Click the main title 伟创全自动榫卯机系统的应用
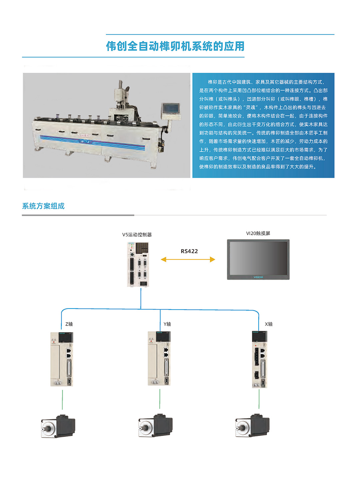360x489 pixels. coord(175,46)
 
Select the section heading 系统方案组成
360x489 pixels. coord(43,206)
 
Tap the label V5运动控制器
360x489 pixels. coord(137,235)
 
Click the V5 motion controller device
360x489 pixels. coord(138,264)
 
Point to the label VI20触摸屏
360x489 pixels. coord(258,233)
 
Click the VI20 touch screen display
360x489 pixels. coord(258,260)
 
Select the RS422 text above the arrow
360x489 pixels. coord(189,251)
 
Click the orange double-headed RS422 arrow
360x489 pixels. coord(188,260)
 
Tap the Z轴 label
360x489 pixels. coord(69,324)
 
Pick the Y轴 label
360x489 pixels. coord(167,324)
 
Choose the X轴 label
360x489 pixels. coord(269,324)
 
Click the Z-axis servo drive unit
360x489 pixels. coord(62,359)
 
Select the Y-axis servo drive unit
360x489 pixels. coord(159,359)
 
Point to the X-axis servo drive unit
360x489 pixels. coord(260,359)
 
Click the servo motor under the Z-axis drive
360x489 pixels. coord(58,426)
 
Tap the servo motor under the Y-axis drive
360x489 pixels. coord(155,426)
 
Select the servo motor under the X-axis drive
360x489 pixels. coord(252,425)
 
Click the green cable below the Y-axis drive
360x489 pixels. coord(160,399)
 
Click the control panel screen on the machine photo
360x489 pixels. coord(171,108)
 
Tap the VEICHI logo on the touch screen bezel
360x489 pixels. coord(258,277)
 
